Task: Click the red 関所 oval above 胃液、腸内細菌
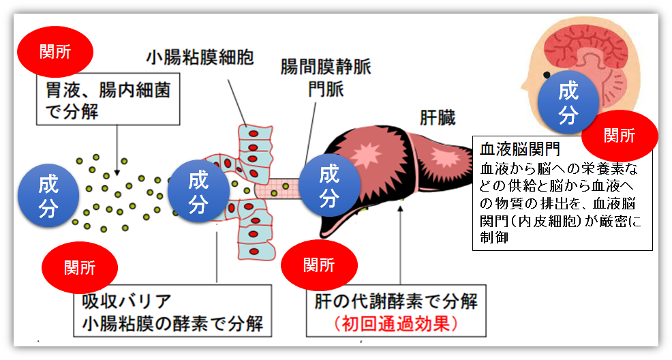pyautogui.click(x=55, y=52)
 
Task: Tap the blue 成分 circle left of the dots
pyautogui.click(x=48, y=196)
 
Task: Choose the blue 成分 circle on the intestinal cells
pyautogui.click(x=198, y=192)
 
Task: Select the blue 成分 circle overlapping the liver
pyautogui.click(x=329, y=186)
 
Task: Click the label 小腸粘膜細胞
pyautogui.click(x=200, y=57)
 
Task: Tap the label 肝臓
pyautogui.click(x=438, y=118)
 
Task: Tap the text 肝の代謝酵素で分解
pyautogui.click(x=396, y=301)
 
